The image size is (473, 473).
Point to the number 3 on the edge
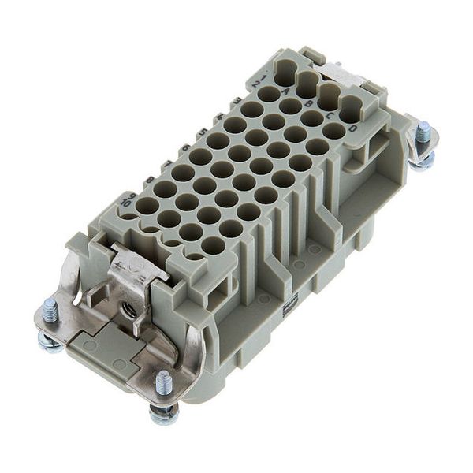click(x=236, y=100)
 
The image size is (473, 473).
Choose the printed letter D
click(x=352, y=128)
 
